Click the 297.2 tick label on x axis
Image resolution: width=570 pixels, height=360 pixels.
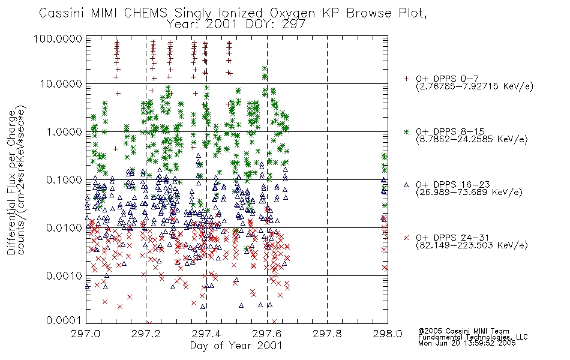(146, 334)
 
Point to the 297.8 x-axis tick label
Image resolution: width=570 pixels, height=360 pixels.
(327, 334)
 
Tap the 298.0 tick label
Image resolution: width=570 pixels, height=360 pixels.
(388, 334)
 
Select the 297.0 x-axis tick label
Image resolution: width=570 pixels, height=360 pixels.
(86, 334)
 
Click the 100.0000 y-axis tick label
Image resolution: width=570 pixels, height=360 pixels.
(58, 38)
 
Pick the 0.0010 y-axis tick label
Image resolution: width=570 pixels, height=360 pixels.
(64, 276)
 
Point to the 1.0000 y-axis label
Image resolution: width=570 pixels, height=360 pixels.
(64, 131)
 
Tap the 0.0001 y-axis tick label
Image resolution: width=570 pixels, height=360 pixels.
(64, 320)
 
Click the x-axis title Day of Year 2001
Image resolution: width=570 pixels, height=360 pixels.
(236, 346)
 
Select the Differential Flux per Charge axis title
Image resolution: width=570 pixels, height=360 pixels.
(11, 182)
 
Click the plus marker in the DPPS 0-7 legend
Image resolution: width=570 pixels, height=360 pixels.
(406, 79)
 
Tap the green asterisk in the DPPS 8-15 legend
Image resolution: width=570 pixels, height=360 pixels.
(406, 131)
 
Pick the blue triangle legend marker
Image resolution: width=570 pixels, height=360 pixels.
(406, 185)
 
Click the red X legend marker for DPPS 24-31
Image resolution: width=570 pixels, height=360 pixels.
(406, 238)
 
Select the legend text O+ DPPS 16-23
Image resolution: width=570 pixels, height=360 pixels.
(453, 185)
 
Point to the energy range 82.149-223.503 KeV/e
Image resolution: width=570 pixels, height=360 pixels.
(472, 245)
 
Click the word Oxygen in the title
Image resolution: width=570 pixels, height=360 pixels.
(293, 13)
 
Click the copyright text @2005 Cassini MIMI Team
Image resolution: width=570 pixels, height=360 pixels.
(464, 331)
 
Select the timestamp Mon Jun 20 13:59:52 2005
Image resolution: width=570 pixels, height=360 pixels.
(467, 343)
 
